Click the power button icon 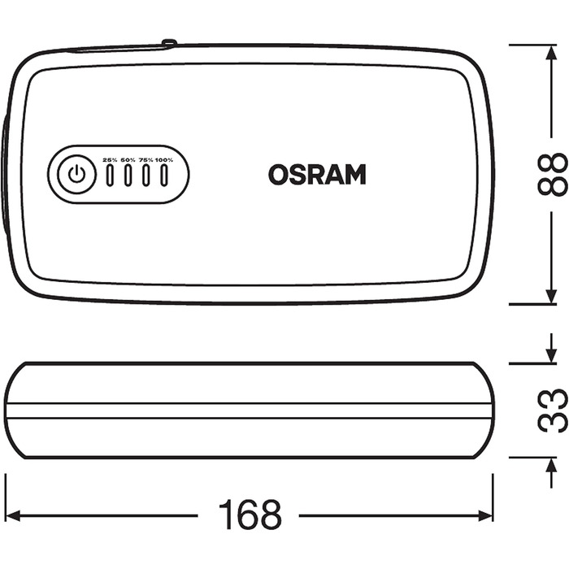(76, 175)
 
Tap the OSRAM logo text (317, 175)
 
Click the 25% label (111, 160)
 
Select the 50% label (128, 160)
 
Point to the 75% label (146, 160)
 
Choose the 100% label (165, 160)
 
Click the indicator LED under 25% (111, 176)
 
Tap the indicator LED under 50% (128, 176)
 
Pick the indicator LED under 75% (146, 176)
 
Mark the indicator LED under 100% (165, 176)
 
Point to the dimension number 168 (250, 515)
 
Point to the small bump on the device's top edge (168, 42)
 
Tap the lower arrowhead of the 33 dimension (543, 464)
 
